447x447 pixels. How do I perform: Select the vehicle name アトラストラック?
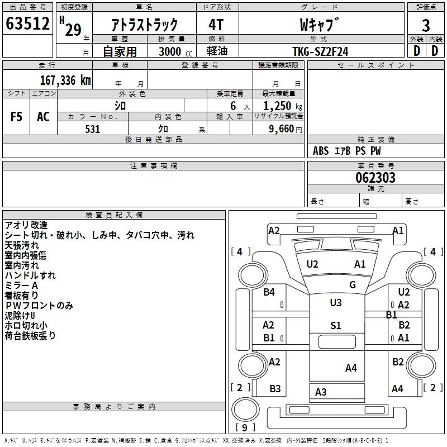145,25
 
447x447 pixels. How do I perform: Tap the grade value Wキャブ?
320,25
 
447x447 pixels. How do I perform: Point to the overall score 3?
426,25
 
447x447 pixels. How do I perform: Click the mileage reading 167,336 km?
65,80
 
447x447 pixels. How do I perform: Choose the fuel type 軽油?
217,51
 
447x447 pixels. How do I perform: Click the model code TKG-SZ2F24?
320,51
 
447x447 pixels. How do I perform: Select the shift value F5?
16,116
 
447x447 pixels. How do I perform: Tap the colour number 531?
93,129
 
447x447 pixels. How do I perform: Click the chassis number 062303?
375,178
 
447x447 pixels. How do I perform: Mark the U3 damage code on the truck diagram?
335,303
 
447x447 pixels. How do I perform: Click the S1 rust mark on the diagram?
335,326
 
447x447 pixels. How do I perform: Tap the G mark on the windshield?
352,285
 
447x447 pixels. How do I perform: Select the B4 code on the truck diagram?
269,292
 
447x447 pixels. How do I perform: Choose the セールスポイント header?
376,65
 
